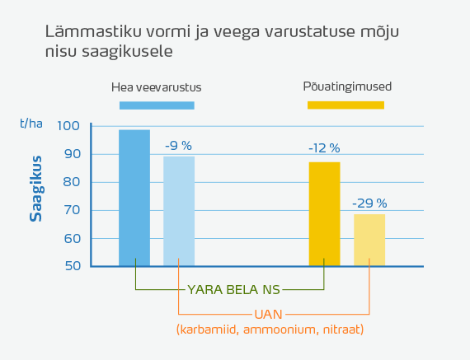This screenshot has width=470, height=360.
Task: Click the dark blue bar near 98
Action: click(x=134, y=198)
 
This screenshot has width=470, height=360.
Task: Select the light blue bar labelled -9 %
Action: click(x=179, y=211)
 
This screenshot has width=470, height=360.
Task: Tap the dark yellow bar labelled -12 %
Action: click(x=324, y=213)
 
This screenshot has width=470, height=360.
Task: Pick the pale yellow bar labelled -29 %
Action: click(x=369, y=240)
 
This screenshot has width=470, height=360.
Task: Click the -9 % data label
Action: click(x=178, y=146)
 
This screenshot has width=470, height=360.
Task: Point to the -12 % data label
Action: click(x=324, y=148)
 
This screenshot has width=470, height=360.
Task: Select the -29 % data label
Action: click(x=369, y=203)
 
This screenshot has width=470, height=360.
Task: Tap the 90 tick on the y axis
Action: click(x=72, y=154)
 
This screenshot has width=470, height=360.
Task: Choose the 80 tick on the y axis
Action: click(x=72, y=182)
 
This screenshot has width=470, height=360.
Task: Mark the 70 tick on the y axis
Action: click(x=72, y=210)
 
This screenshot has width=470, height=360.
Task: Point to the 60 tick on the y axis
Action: click(x=72, y=238)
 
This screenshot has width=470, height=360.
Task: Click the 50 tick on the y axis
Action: click(x=72, y=266)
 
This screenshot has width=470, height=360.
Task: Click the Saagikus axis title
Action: click(x=36, y=194)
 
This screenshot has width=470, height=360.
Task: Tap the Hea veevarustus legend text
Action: click(x=157, y=86)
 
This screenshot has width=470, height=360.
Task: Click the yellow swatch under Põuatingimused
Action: click(x=345, y=105)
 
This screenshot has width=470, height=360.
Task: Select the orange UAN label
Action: click(x=269, y=314)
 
